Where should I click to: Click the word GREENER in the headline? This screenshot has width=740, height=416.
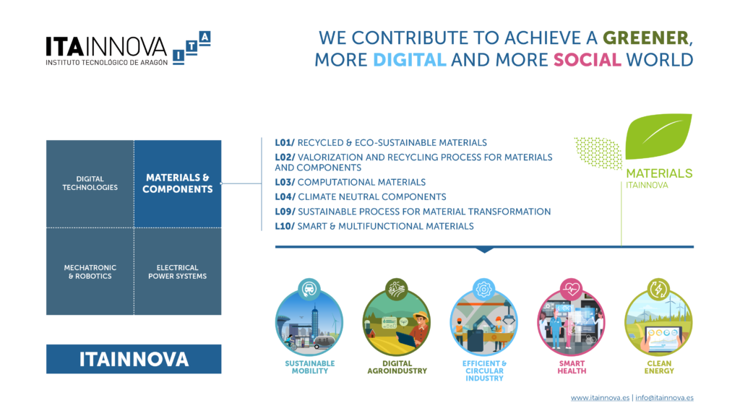pos(645,38)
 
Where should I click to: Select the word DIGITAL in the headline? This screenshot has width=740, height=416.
pos(410,60)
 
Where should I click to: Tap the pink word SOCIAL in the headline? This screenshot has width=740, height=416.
pos(587,60)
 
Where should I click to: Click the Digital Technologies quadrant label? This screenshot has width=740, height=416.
pos(90,183)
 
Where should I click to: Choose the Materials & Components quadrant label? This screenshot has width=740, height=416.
pos(178,183)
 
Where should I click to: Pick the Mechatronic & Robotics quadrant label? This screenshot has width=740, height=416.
pos(90,272)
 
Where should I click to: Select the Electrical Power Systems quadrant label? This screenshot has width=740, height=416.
pos(178,272)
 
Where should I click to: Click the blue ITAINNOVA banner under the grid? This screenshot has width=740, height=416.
pos(134,359)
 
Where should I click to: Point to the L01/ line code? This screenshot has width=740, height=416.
pos(285,142)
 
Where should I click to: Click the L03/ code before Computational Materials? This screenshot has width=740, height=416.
pos(285,182)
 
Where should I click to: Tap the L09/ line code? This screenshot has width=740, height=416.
pos(285,212)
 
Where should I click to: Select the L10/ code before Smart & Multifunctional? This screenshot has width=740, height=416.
pos(285,226)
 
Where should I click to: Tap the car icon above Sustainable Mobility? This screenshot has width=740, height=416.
pos(309,289)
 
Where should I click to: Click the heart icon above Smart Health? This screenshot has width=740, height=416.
pos(571,289)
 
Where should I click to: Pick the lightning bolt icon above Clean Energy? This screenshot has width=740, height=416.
pos(658,289)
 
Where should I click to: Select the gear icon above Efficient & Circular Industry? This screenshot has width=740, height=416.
pos(483,289)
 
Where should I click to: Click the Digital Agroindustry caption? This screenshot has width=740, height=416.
pos(397,367)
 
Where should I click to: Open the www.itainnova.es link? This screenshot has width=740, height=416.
pos(600,398)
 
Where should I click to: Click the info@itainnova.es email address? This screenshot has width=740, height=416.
pos(665,398)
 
